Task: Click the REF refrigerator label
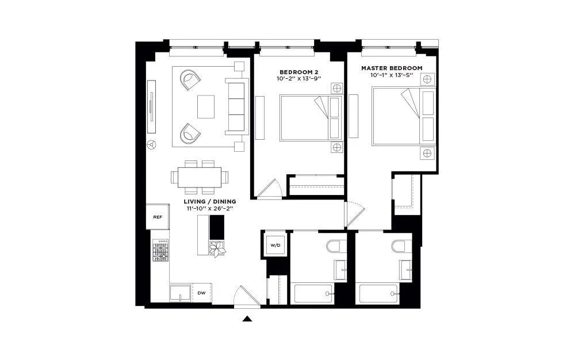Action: (157, 217)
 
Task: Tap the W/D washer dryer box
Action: (275, 246)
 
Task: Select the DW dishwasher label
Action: (201, 293)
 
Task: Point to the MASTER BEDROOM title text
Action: (392, 68)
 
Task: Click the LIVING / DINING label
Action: (210, 202)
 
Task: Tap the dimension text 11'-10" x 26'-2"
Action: (211, 209)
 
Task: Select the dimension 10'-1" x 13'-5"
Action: (392, 75)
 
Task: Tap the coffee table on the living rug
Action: (206, 106)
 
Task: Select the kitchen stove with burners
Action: (160, 251)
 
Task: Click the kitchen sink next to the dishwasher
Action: (180, 293)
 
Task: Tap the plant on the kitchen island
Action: (218, 248)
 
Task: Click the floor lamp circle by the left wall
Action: (152, 145)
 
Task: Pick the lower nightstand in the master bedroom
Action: (427, 152)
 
